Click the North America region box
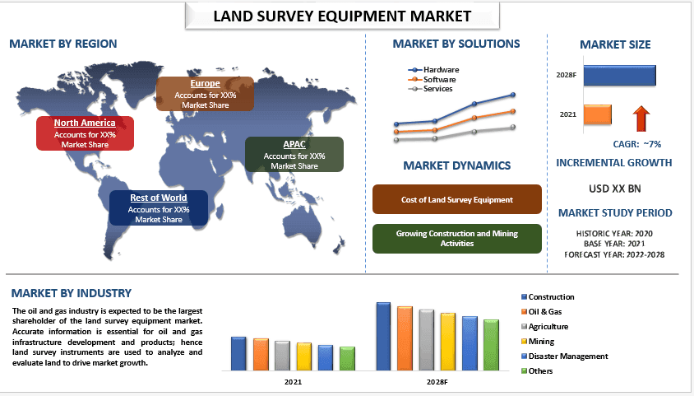tap(85, 133)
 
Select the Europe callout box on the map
tap(205, 94)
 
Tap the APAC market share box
tap(294, 155)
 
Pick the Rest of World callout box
tap(159, 208)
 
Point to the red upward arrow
tap(641, 119)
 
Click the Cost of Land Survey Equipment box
tap(457, 200)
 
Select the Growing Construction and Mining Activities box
tap(457, 239)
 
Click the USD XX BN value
tap(614, 189)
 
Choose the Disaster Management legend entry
tap(568, 356)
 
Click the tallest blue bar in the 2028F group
tap(383, 338)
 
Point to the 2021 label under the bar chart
tap(293, 383)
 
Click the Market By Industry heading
tap(71, 293)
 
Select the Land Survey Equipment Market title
tap(343, 16)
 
